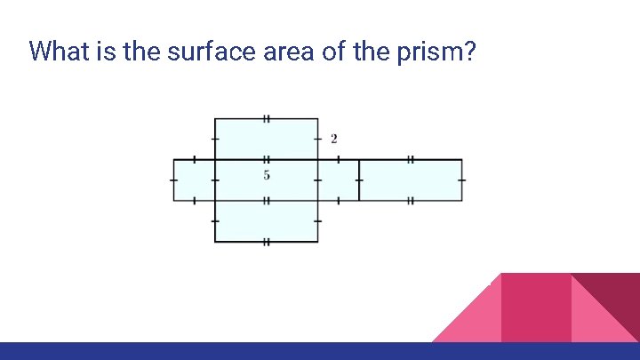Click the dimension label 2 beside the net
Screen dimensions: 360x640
[333, 139]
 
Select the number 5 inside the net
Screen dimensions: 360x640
[267, 174]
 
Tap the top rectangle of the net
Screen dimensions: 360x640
[266, 139]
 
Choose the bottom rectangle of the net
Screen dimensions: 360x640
[266, 221]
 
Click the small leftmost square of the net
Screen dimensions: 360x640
[194, 180]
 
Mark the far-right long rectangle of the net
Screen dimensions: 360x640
[411, 180]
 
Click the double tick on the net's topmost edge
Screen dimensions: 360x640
[266, 118]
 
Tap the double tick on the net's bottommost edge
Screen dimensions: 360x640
[266, 242]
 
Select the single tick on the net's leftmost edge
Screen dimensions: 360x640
[173, 180]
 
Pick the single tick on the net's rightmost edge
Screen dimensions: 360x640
[462, 180]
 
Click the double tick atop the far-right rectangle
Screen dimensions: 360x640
[410, 160]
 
